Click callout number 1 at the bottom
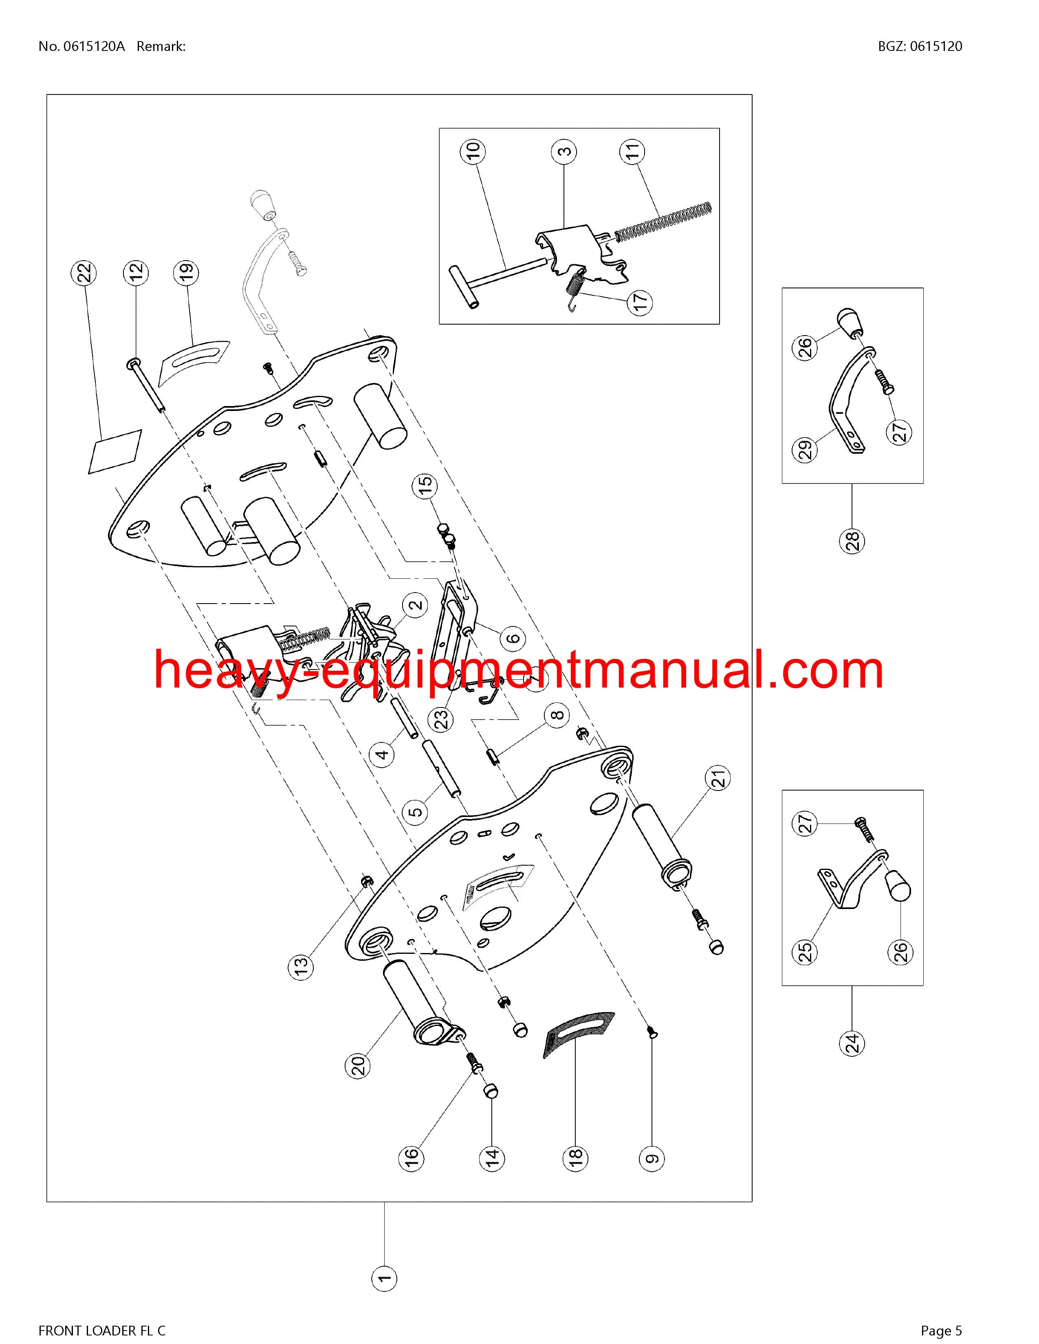pos(385,1279)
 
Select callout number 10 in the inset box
pos(472,151)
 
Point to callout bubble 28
pos(852,542)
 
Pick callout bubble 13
pos(300,966)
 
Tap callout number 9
pos(652,1158)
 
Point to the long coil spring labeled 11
pos(663,220)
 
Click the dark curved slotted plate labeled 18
pos(579,1034)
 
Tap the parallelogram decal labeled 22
pos(115,452)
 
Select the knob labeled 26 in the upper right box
pos(849,323)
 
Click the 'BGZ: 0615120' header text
pos(920,46)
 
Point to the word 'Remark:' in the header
pos(161,46)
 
